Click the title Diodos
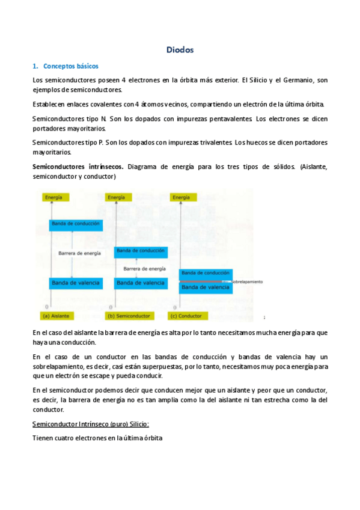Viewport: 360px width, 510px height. point(180,50)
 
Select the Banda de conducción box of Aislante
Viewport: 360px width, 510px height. point(76,225)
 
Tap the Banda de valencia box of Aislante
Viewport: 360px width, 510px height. point(76,282)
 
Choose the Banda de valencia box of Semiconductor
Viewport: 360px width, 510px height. point(141,282)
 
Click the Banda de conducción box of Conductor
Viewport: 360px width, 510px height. point(206,273)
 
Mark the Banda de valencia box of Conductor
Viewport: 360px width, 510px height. point(206,287)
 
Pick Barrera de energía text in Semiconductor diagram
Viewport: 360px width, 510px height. point(144,269)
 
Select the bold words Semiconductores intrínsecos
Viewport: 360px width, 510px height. point(78,166)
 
